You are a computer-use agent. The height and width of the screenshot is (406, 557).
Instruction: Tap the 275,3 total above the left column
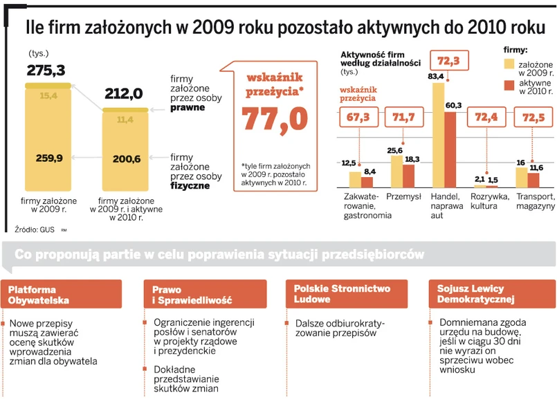46,70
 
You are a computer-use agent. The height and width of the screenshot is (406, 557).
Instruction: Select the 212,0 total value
123,93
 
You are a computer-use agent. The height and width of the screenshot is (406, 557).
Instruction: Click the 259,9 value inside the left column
49,159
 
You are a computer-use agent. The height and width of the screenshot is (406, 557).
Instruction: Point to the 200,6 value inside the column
126,159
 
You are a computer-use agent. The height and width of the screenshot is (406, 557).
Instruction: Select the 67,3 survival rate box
358,118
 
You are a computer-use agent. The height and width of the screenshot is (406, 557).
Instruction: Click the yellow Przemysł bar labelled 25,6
396,172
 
